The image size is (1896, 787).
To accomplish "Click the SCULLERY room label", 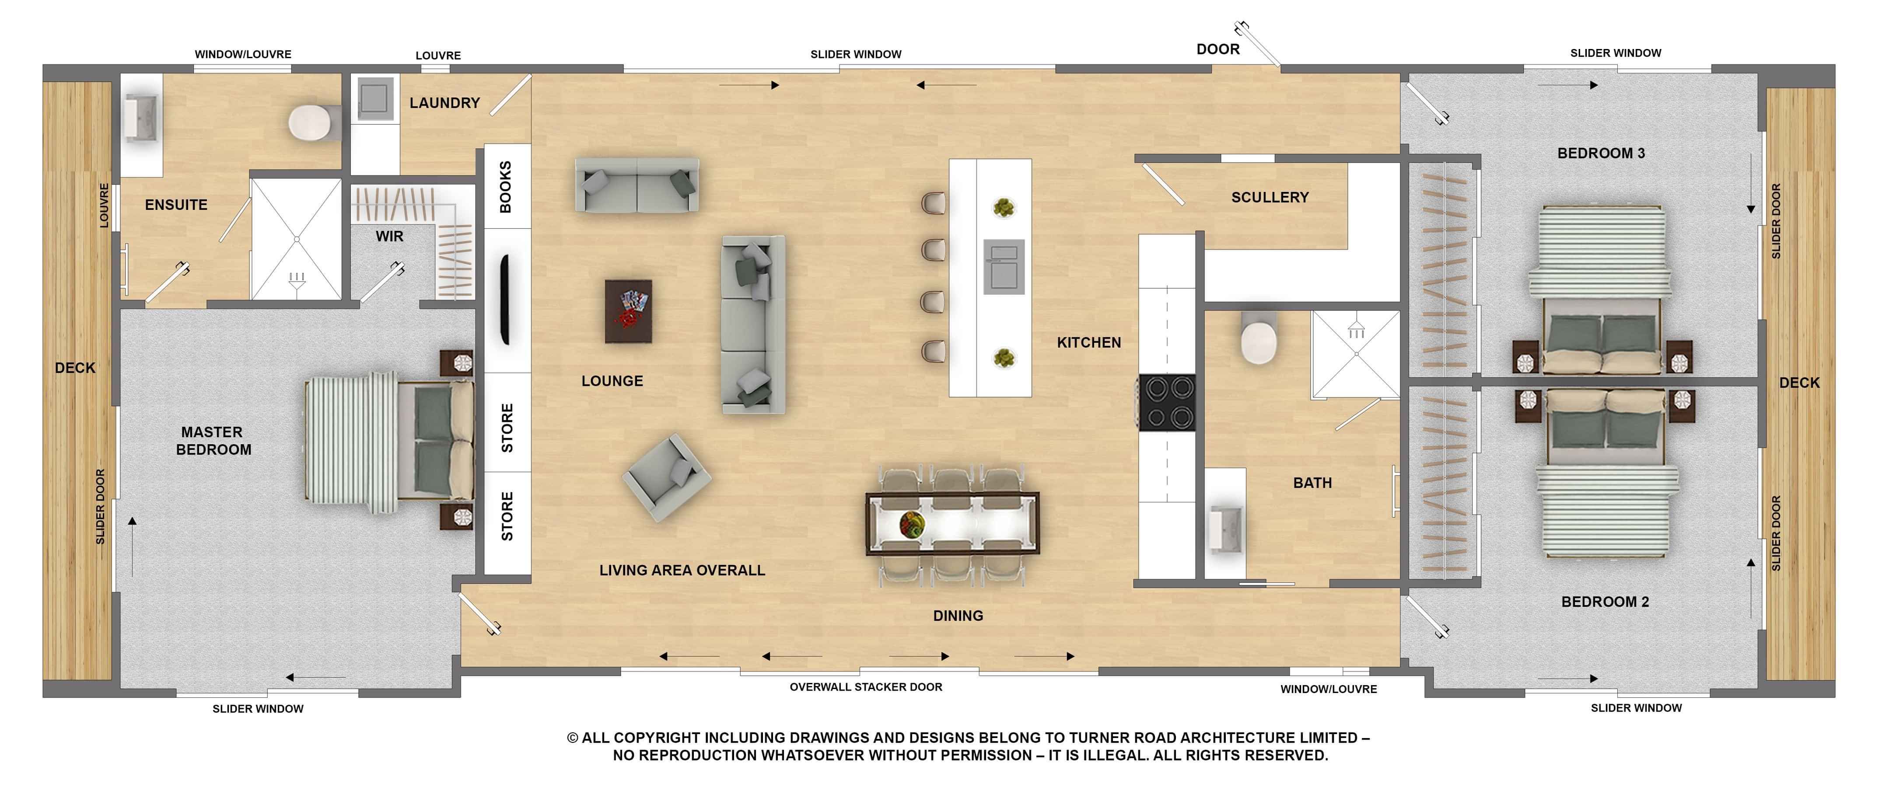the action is tap(1270, 197).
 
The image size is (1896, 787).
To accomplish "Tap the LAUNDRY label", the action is tap(444, 103).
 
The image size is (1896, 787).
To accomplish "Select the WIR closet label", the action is tap(389, 236).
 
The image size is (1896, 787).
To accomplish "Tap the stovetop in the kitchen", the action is tap(1167, 402).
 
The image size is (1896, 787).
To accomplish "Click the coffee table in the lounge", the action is tap(628, 311).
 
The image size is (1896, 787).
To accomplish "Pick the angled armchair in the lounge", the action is tap(666, 477).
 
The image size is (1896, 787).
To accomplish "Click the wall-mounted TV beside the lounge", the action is tap(506, 299).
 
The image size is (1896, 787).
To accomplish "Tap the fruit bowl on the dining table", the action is tap(911, 524).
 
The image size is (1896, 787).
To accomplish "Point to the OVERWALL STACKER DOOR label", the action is tap(866, 687).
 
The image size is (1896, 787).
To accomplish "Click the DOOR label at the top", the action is tap(1217, 49).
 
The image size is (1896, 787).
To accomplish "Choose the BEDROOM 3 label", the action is tap(1601, 153).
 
